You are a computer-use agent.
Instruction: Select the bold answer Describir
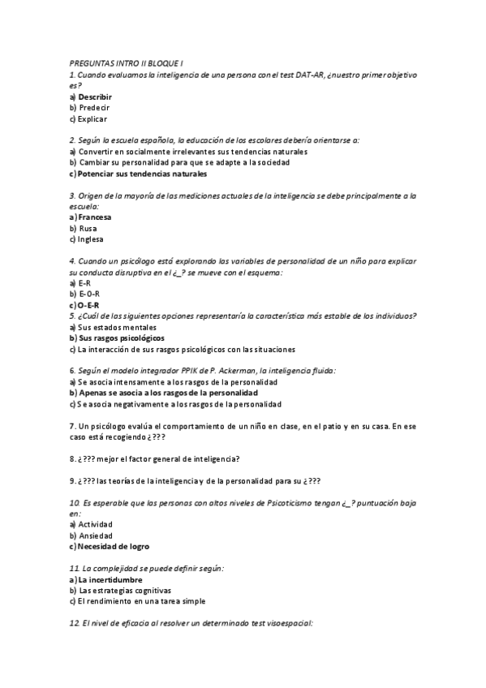click(95, 97)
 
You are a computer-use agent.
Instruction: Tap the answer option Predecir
click(93, 107)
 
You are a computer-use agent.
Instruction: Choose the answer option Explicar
click(92, 118)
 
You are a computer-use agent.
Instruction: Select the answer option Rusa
click(87, 228)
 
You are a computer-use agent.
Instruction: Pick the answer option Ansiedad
click(95, 535)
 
